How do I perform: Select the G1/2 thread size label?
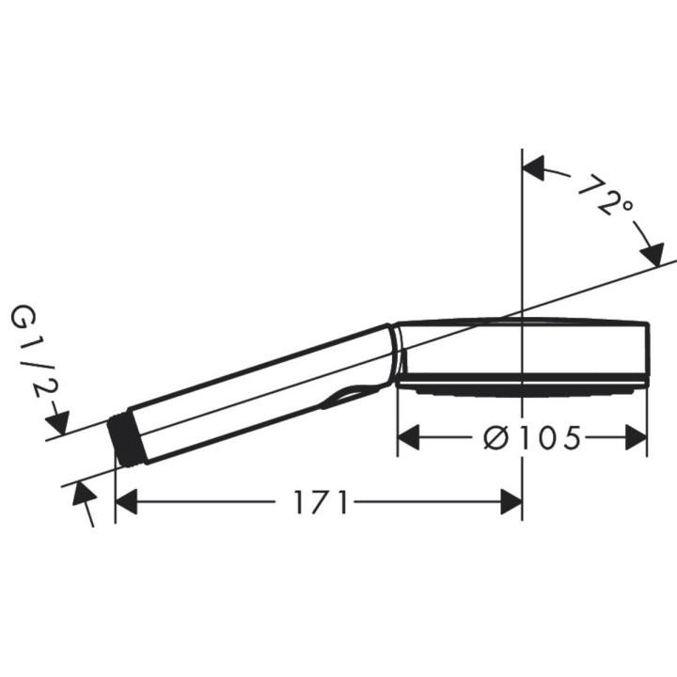click(x=29, y=352)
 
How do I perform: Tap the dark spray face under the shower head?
click(x=522, y=386)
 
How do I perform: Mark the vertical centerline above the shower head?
click(x=522, y=235)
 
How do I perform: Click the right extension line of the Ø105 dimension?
click(x=647, y=414)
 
